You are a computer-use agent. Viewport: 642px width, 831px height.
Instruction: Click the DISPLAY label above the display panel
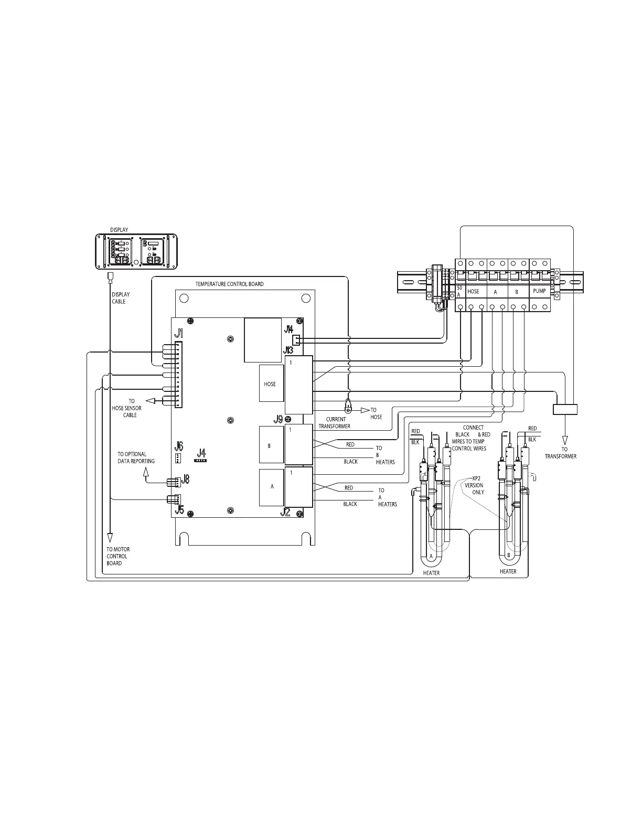(x=119, y=230)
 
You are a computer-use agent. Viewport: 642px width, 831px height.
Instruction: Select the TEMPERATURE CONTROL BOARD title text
(x=229, y=284)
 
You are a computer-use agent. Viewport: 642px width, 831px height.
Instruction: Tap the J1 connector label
(x=178, y=334)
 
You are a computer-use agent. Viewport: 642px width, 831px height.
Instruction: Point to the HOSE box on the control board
(x=272, y=383)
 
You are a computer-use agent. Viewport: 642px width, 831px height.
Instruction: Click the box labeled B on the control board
(x=272, y=444)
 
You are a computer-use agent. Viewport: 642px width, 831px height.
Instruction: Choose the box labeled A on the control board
(x=272, y=487)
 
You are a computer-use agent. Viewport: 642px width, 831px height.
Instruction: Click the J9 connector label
(x=279, y=420)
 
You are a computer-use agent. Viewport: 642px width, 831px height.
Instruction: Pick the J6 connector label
(x=178, y=446)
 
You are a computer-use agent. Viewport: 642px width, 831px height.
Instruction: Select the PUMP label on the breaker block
(x=540, y=291)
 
